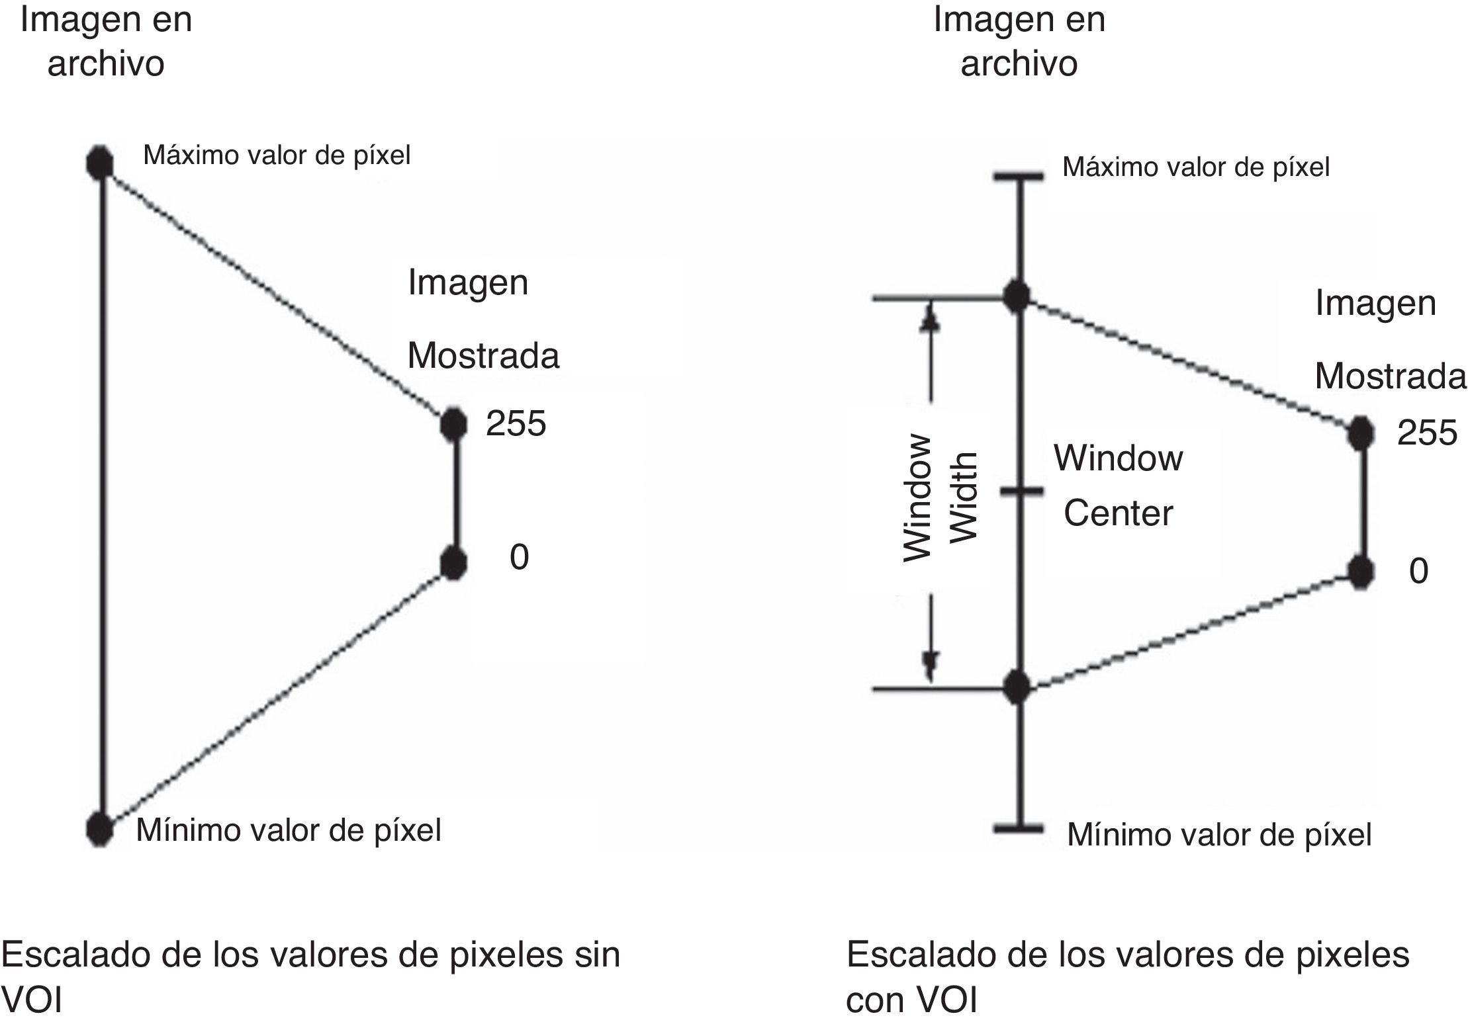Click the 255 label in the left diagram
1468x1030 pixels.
tap(516, 424)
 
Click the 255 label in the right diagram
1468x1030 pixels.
tap(1427, 434)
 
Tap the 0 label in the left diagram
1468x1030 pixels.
tap(519, 558)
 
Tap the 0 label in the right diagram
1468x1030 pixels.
tap(1418, 572)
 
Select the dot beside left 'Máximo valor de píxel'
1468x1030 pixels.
tap(100, 163)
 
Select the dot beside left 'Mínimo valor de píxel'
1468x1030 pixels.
tap(100, 828)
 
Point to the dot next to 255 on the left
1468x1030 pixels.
tap(453, 424)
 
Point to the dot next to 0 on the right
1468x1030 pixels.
tap(1361, 572)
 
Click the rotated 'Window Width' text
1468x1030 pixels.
tap(940, 497)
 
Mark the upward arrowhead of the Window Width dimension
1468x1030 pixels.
tap(931, 318)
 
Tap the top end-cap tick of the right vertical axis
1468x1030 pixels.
tap(1019, 176)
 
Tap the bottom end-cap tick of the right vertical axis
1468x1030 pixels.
tap(1019, 828)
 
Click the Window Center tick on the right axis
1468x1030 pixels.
tap(1019, 491)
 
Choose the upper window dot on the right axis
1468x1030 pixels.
tap(1017, 297)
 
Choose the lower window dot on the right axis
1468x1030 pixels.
tap(1017, 688)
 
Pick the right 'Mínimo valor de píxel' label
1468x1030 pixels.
tap(1219, 835)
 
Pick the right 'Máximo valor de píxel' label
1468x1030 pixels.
tap(1195, 167)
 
